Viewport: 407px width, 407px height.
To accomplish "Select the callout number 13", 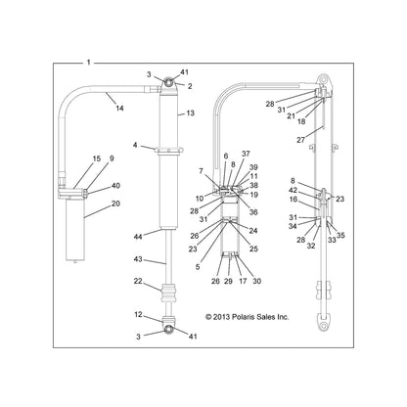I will (x=189, y=113).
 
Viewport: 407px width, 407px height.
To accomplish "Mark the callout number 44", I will (x=139, y=235).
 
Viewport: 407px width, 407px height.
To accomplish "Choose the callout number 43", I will (x=138, y=259).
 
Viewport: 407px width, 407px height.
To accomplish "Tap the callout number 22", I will (x=138, y=282).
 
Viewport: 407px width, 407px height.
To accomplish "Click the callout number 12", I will (x=138, y=314).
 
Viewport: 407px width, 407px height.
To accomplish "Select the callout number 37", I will (x=246, y=155).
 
